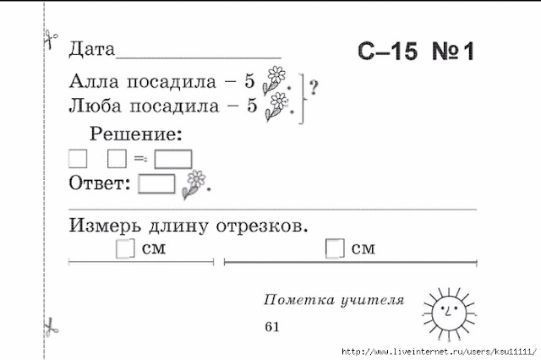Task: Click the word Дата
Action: (x=91, y=49)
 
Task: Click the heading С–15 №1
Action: (x=415, y=52)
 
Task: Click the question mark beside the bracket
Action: (x=314, y=85)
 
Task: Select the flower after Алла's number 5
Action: (x=276, y=79)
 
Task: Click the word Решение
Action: (x=134, y=134)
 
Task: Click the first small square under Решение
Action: (x=78, y=158)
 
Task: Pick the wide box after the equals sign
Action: (x=173, y=158)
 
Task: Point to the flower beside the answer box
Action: (x=194, y=184)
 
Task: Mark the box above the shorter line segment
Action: (x=125, y=248)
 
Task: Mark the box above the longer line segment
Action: (x=335, y=248)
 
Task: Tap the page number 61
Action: (x=271, y=326)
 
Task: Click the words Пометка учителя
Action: (x=334, y=300)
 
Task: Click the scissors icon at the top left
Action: (x=49, y=38)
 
